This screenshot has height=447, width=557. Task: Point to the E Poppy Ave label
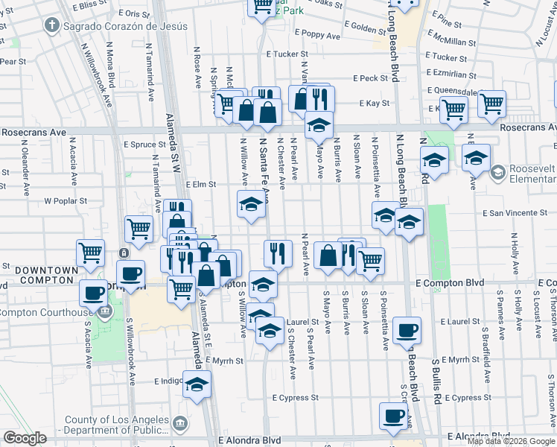[x=317, y=35]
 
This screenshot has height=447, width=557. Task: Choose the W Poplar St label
[x=66, y=200]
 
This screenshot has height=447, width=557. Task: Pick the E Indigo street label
[x=168, y=381]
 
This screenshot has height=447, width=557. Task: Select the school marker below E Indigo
[x=197, y=385]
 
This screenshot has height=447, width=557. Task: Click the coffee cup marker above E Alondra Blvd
[x=394, y=416]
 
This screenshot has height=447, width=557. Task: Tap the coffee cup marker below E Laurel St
[x=406, y=331]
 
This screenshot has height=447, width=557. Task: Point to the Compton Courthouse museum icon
[x=105, y=311]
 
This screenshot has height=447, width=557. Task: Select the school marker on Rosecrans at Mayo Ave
[x=319, y=124]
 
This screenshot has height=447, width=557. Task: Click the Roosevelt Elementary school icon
[x=496, y=173]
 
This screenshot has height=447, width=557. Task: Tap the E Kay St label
[x=375, y=103]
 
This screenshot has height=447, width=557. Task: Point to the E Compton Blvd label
[x=450, y=283]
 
